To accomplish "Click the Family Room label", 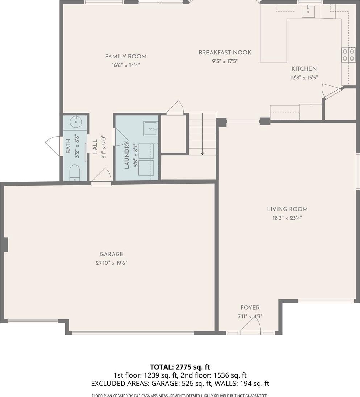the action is coord(126,57).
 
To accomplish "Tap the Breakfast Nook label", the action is coord(225,53).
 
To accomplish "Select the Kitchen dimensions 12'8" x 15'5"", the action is coord(304,78).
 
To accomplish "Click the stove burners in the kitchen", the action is coord(348,55).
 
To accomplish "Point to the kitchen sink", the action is coord(308,11).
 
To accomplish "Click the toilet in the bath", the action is coord(74,173).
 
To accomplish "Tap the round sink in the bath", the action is coord(75,122).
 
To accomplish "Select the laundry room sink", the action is coord(150,129).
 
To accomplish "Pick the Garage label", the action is coord(111,254).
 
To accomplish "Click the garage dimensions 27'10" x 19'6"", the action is coord(111,263).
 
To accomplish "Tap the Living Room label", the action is coord(287,209).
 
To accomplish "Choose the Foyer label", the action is coord(250,308).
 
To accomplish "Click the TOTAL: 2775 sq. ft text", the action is coord(180,367).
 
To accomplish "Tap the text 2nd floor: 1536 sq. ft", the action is coord(214,375).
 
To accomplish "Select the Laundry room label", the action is coord(127,155).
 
